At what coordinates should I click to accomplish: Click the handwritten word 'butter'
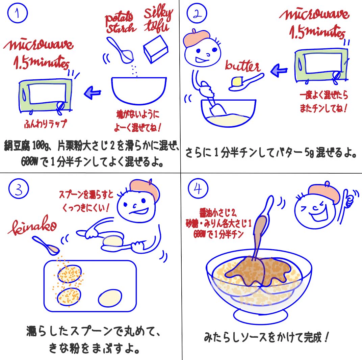tap(242, 66)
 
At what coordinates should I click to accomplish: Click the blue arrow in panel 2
tap(279, 71)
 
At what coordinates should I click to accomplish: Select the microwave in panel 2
tap(321, 65)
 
